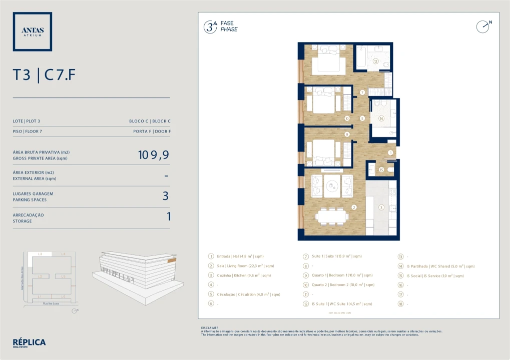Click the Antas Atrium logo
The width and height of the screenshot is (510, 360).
click(x=33, y=31)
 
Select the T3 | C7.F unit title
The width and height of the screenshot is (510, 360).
click(x=45, y=75)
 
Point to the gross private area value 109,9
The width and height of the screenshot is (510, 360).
click(x=153, y=155)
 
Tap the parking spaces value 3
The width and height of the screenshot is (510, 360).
click(x=165, y=196)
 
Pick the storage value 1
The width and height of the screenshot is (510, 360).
click(x=168, y=216)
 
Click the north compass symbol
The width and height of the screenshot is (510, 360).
click(x=483, y=26)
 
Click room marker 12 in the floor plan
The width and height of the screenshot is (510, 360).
click(x=375, y=61)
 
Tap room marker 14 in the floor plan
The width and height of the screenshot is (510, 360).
click(x=381, y=118)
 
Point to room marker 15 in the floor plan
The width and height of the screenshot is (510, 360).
click(x=381, y=170)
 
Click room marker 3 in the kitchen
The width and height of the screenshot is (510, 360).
click(x=381, y=207)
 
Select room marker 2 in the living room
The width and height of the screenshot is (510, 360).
click(x=354, y=207)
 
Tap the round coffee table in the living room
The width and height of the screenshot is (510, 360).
click(x=332, y=186)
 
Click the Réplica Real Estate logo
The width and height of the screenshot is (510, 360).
click(x=29, y=343)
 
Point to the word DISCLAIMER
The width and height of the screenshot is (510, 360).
click(x=210, y=328)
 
